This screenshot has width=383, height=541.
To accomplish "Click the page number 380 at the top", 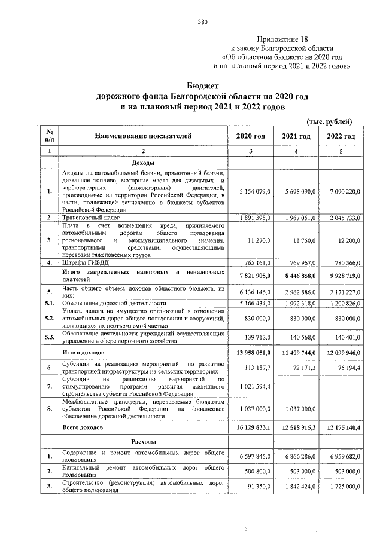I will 202,23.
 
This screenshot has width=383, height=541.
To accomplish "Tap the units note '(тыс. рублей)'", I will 334,121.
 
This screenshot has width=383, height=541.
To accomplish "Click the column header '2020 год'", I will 251,136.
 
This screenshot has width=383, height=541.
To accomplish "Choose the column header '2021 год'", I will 296,136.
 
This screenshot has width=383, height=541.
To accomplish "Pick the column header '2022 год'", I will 341,136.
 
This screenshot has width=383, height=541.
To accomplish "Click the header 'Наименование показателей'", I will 143,136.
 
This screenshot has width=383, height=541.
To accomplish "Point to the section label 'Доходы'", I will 143,163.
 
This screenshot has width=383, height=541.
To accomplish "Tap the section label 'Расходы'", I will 143,442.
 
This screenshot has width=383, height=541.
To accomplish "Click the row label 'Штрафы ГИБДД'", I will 84,262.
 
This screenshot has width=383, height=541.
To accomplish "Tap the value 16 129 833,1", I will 251,428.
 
